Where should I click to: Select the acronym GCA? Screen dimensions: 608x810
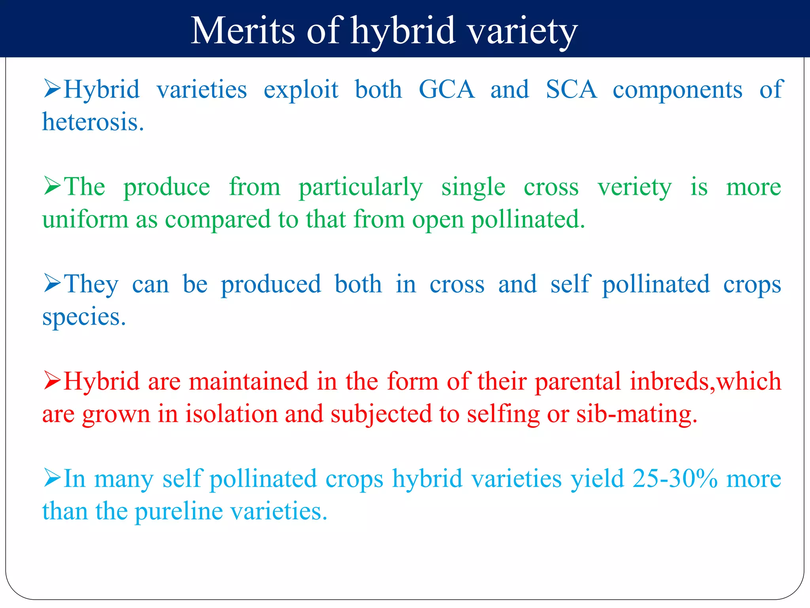pyautogui.click(x=447, y=89)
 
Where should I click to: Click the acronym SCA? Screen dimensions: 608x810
pyautogui.click(x=571, y=89)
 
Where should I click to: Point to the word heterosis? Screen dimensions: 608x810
pyautogui.click(x=93, y=122)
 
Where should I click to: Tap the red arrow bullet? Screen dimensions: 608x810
pyautogui.click(x=52, y=380)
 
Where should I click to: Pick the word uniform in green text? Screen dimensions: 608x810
pyautogui.click(x=85, y=219)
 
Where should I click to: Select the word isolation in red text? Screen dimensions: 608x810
pyautogui.click(x=231, y=414)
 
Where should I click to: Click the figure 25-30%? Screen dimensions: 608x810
pyautogui.click(x=675, y=479)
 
